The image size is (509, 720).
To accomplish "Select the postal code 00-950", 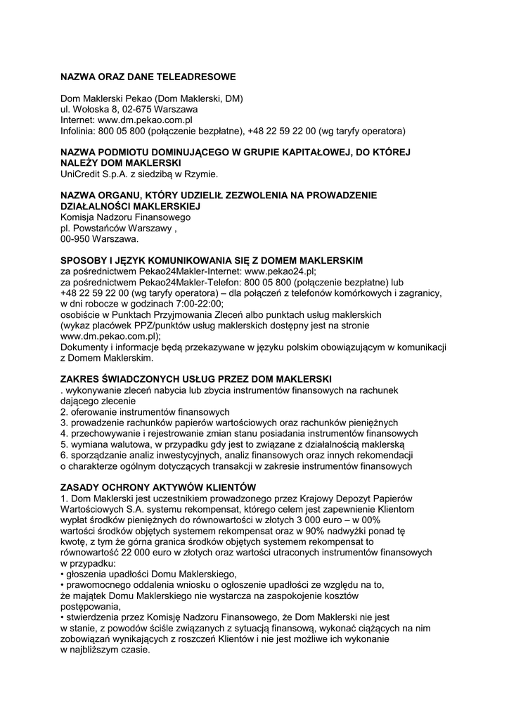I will pos(75,240).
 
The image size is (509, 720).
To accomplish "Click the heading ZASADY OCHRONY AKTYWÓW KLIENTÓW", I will pos(158,487).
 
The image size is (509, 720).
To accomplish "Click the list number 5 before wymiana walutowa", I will pos(63,444).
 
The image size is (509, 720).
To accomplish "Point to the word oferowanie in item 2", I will pos(94,411).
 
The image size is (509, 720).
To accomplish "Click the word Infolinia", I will pos(78,131).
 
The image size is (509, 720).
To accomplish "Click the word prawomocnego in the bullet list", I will pos(98,585).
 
